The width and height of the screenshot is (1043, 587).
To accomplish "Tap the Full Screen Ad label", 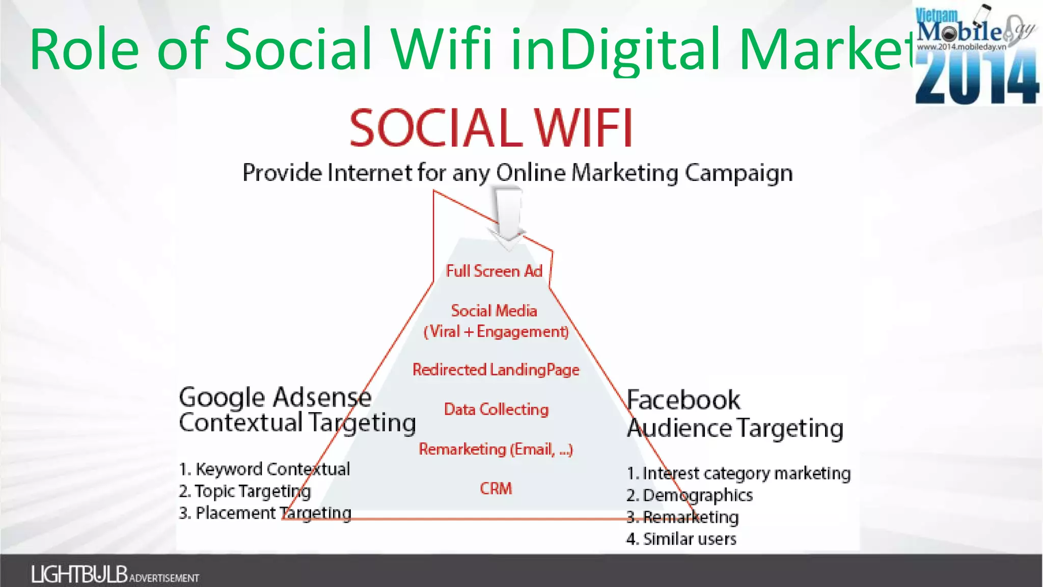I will click(x=494, y=271).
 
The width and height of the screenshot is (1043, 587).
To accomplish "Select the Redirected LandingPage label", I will click(x=496, y=369).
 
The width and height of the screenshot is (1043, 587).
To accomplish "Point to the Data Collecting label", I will click(x=496, y=409).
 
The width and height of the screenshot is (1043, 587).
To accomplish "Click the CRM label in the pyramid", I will click(x=496, y=488).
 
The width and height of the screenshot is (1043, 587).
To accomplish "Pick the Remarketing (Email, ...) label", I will click(x=496, y=449).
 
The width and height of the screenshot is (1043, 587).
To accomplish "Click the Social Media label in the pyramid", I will click(x=494, y=311).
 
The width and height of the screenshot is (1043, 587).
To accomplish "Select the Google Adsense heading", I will click(x=275, y=397).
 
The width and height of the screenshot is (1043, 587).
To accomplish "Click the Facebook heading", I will click(x=683, y=400).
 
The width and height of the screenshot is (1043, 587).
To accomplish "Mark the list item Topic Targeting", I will click(x=245, y=491).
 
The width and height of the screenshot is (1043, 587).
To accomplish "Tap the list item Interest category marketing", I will click(x=738, y=473).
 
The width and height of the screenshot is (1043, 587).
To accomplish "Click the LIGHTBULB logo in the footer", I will click(x=79, y=574).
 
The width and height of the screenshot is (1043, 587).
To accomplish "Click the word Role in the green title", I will click(x=84, y=49).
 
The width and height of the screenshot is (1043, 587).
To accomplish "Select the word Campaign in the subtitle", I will click(x=738, y=173).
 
